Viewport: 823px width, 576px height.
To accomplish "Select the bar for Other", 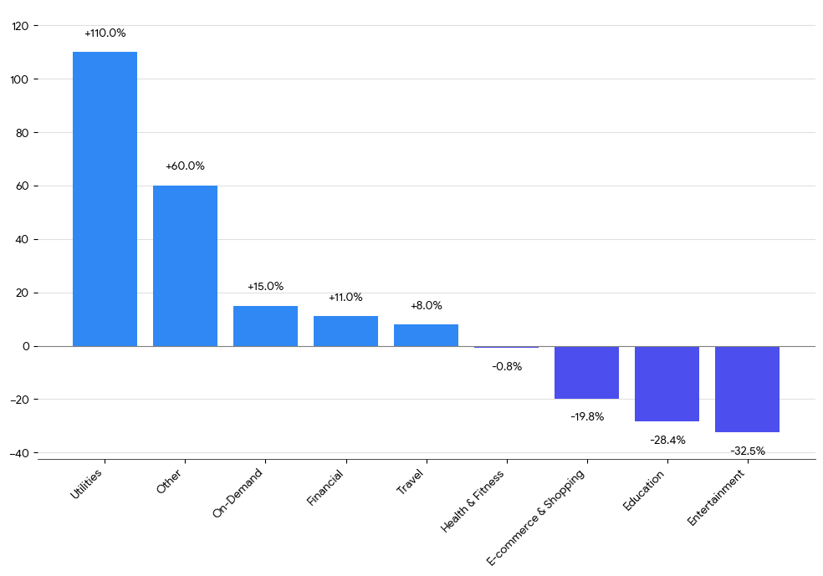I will [x=185, y=266].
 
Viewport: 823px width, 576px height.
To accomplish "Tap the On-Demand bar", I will [x=265, y=326].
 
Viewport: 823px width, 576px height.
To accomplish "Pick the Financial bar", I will [x=345, y=331].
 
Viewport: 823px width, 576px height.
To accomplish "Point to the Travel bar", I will [x=426, y=335].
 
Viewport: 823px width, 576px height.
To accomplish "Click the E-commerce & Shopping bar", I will [x=586, y=373].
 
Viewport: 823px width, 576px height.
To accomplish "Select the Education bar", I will [x=667, y=384].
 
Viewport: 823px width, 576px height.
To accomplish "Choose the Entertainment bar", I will [x=747, y=390].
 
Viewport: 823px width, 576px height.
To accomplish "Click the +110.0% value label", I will [x=105, y=33].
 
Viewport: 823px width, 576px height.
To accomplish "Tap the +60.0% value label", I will [x=185, y=166].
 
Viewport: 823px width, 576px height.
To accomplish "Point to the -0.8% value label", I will [x=507, y=366].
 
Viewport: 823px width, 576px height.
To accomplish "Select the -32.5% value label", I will [x=748, y=451].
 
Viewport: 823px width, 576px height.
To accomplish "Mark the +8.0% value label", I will [x=426, y=306].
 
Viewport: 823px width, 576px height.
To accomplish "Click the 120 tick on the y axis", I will [x=20, y=26].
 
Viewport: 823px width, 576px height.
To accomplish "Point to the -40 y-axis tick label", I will [x=18, y=453].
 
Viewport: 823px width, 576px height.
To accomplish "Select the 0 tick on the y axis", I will [x=26, y=346].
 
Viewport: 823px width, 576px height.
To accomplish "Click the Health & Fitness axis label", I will [x=473, y=502].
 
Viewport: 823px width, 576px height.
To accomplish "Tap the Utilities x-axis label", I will [x=87, y=485].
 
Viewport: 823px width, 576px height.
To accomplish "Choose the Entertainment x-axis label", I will [x=716, y=498].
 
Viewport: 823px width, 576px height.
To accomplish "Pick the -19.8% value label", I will [x=587, y=416].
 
